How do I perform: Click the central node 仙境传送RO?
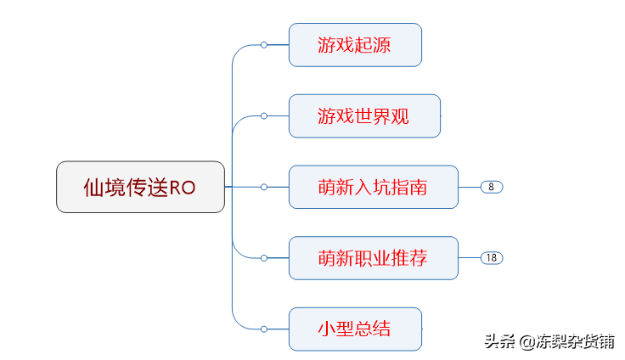[x=141, y=187]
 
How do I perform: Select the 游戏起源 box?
[x=355, y=45]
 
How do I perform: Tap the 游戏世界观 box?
[x=364, y=115]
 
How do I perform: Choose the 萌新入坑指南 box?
[x=373, y=187]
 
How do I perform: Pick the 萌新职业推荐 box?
[x=373, y=258]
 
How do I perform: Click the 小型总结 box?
[x=355, y=329]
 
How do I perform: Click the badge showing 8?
[x=492, y=187]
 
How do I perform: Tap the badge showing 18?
[x=492, y=258]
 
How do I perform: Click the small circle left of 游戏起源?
[x=264, y=45]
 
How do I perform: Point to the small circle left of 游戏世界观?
[x=264, y=115]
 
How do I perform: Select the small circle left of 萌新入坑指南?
[x=264, y=187]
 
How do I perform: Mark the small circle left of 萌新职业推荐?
[x=264, y=258]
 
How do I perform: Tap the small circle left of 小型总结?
[x=264, y=329]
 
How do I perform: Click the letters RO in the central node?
[x=183, y=188]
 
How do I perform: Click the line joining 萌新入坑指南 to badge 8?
[x=469, y=187]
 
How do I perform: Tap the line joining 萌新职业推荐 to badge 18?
[x=469, y=258]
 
